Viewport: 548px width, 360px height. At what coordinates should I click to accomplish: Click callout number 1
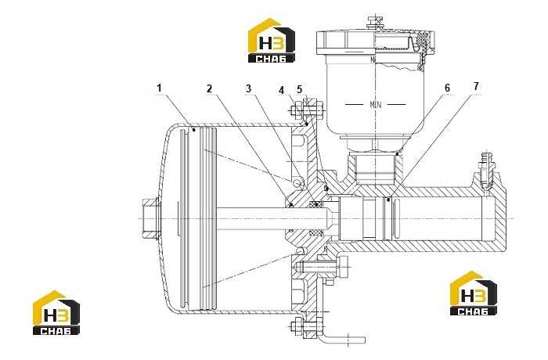160,88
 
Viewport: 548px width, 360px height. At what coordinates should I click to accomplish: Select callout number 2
209,88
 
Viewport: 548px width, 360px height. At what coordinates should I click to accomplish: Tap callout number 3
248,88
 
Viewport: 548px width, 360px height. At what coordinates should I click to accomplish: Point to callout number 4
282,90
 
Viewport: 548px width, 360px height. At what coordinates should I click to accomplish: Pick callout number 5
300,89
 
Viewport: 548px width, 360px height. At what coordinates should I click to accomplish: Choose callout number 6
447,88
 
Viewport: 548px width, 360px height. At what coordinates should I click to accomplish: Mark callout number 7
476,86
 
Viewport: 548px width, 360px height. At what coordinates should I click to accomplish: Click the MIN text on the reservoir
376,104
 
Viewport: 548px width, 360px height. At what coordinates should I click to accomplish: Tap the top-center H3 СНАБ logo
272,41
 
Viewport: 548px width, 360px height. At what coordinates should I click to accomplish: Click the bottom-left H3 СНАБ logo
56,312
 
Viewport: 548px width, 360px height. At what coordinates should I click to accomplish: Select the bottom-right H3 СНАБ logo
474,293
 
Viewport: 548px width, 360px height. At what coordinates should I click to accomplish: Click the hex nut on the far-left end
151,218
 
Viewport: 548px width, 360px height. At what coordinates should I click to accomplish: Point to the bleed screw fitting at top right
485,171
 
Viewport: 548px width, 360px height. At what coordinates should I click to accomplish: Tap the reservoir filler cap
376,42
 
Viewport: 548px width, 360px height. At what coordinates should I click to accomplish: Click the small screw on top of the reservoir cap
375,23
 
